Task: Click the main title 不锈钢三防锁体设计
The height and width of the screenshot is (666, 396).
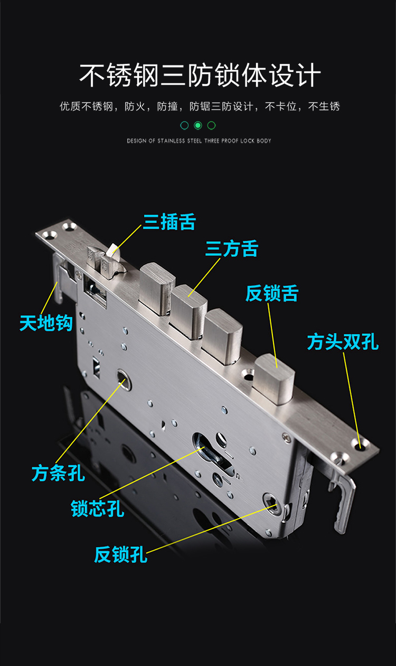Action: coord(200,76)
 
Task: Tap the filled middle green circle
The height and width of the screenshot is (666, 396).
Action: coord(198,125)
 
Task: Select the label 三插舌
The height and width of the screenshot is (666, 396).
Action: coord(169,222)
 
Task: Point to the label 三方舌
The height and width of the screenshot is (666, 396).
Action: coord(232,249)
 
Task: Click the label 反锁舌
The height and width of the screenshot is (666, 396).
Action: coord(272,293)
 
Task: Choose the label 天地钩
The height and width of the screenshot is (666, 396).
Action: coord(45,322)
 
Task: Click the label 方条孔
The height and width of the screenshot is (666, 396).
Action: coord(58,473)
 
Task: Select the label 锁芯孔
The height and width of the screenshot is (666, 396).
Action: coord(98,508)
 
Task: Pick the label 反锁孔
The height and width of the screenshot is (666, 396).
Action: coord(120,555)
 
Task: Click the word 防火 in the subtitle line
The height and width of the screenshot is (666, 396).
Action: coord(133,106)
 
